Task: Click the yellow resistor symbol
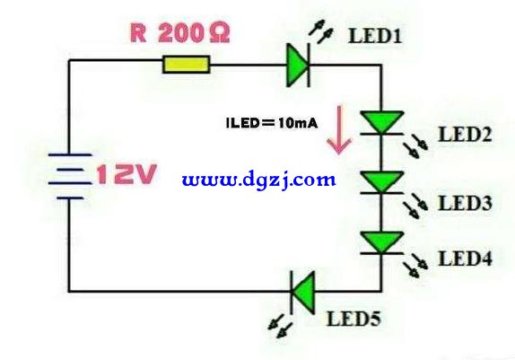[187, 65]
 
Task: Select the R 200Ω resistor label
[180, 33]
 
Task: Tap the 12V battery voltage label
[127, 173]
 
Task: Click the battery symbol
[70, 176]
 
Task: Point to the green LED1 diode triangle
[297, 66]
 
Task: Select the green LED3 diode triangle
[381, 182]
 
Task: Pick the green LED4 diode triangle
[381, 242]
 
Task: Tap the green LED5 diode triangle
[303, 292]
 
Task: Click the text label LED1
[375, 36]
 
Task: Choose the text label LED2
[466, 135]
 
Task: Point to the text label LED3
[466, 203]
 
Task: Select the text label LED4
[466, 259]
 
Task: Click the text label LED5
[354, 319]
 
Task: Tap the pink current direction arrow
[339, 129]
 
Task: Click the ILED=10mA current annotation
[272, 123]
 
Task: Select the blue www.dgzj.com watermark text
[258, 180]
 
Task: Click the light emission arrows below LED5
[280, 326]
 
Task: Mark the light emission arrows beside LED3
[415, 206]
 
